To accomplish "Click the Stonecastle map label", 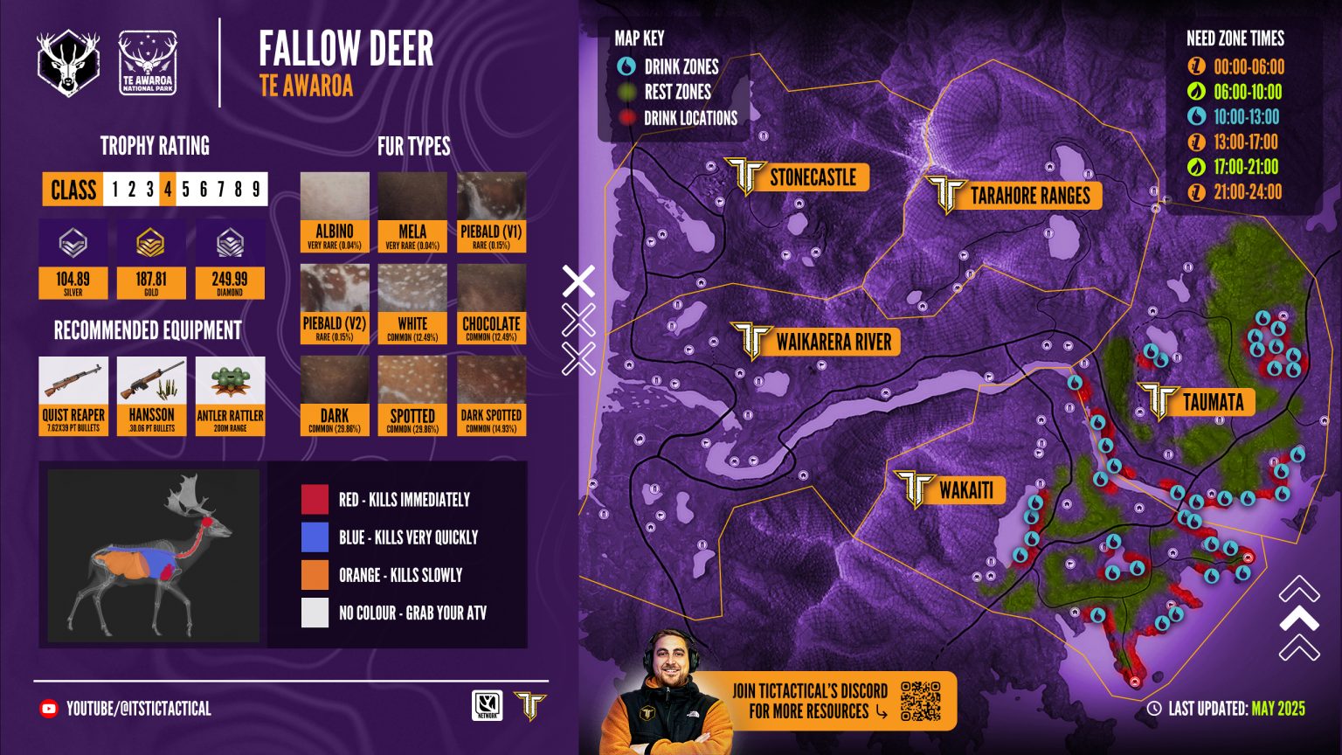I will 811,177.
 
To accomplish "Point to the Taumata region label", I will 1212,402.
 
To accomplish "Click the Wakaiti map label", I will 965,490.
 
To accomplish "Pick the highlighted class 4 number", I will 167,190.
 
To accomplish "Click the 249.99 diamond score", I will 230,280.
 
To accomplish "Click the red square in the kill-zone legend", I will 315,499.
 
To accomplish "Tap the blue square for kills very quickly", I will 315,537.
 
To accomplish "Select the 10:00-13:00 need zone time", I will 1246,117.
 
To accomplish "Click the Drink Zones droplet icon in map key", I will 626,66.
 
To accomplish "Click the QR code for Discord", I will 920,701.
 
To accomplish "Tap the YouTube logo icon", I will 49,709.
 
